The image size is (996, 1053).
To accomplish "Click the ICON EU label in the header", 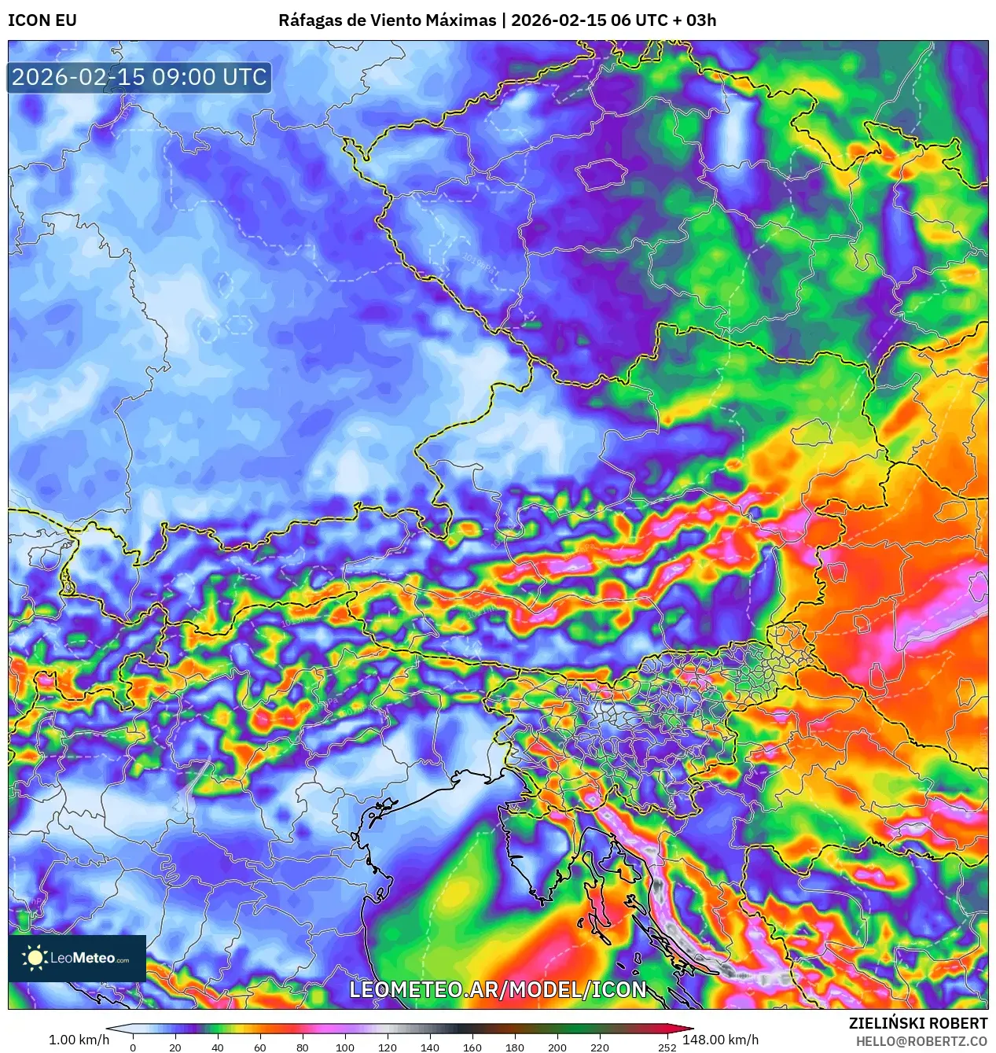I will (42, 20).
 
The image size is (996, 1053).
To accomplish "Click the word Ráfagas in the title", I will (309, 20).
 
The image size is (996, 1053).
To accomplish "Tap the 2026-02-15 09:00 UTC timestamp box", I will (140, 77).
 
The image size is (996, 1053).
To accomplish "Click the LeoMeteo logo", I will (77, 958).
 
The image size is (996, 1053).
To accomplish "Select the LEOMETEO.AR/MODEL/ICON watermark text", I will (498, 989).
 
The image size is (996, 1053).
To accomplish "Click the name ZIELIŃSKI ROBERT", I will (917, 1023).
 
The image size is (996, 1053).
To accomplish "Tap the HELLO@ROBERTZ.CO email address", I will (921, 1041).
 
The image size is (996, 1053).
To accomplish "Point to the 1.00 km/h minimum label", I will (79, 1040).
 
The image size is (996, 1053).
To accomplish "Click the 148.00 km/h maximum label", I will (721, 1040).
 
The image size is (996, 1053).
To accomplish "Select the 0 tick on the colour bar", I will (133, 1047).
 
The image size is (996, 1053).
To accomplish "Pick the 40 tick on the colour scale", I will (218, 1047).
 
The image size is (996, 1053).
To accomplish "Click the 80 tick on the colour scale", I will (303, 1047).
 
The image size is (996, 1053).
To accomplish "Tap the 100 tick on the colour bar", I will (345, 1047).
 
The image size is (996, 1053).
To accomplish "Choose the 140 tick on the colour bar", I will (430, 1047).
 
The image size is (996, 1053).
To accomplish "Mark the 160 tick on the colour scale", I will (472, 1047).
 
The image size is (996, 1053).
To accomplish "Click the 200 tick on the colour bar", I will (557, 1047).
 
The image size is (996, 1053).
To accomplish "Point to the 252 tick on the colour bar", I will (667, 1047).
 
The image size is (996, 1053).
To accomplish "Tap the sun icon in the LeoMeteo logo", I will (35, 958).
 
